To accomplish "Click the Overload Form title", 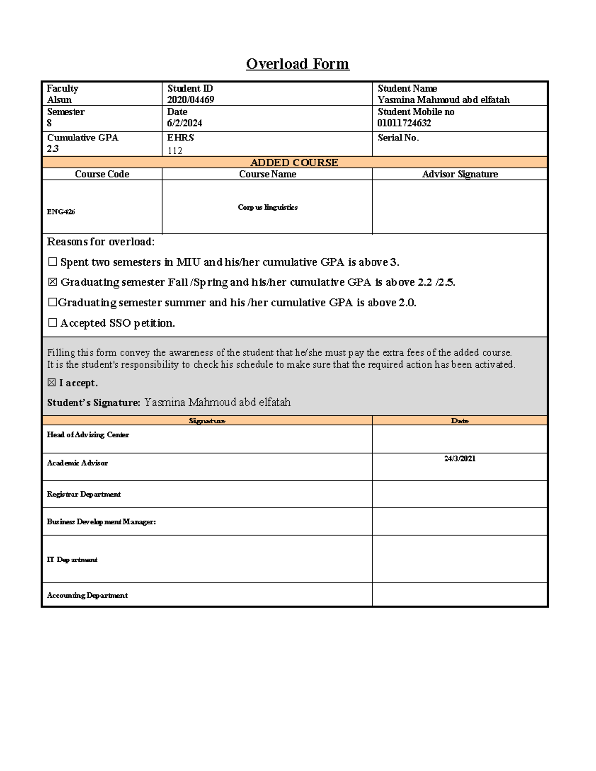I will pos(298,64).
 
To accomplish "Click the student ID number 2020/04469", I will pos(191,100).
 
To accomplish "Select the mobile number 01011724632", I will pos(404,123).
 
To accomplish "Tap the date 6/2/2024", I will pos(184,123).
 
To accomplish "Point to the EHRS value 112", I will pos(175,151).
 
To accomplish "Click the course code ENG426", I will pos(61,212).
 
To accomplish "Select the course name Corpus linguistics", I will pos(267,207).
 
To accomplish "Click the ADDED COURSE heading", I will pos(294,163).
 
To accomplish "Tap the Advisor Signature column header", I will pos(459,174).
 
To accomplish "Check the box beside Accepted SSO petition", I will pos(52,323).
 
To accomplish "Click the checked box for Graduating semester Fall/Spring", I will pos(52,282).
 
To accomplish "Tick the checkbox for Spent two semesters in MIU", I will pos(52,262).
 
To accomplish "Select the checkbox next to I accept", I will pos(51,383).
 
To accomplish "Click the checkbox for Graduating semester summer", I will pos(52,302).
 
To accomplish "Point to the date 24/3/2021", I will pos(459,459).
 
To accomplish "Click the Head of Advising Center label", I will pos(88,435).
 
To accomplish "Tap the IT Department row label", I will pos(72,560).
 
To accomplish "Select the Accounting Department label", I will pos(87,595).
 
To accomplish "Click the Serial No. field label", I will pos(398,138).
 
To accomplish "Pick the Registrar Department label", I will pos(83,494).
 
